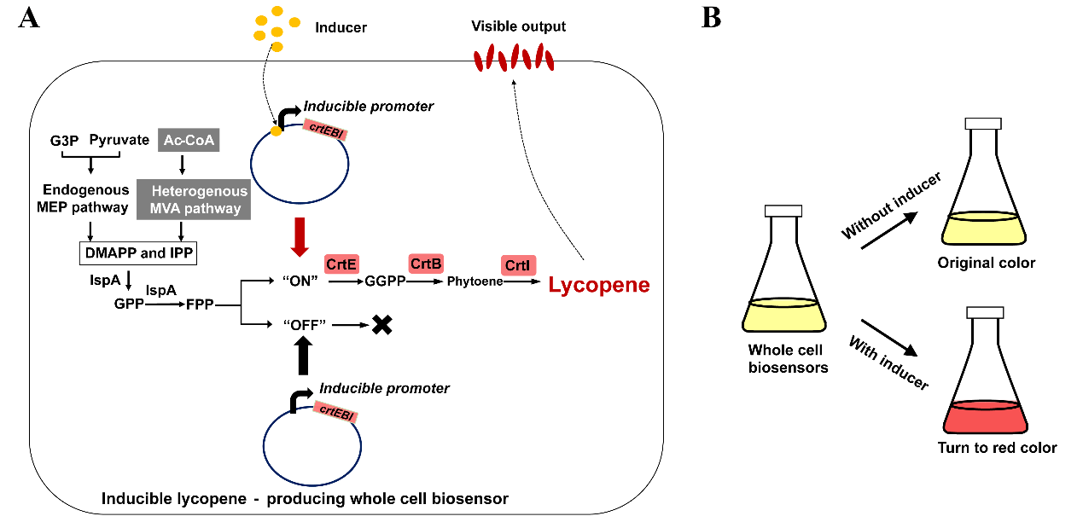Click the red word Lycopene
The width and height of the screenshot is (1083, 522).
tap(599, 286)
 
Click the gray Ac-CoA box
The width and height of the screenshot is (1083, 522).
tap(189, 139)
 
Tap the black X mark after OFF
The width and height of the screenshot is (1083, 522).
tap(381, 325)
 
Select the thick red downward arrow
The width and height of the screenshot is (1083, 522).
tap(299, 236)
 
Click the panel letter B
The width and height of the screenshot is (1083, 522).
tap(711, 19)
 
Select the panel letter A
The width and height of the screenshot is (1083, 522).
tap(30, 19)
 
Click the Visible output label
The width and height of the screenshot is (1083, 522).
tap(518, 26)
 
